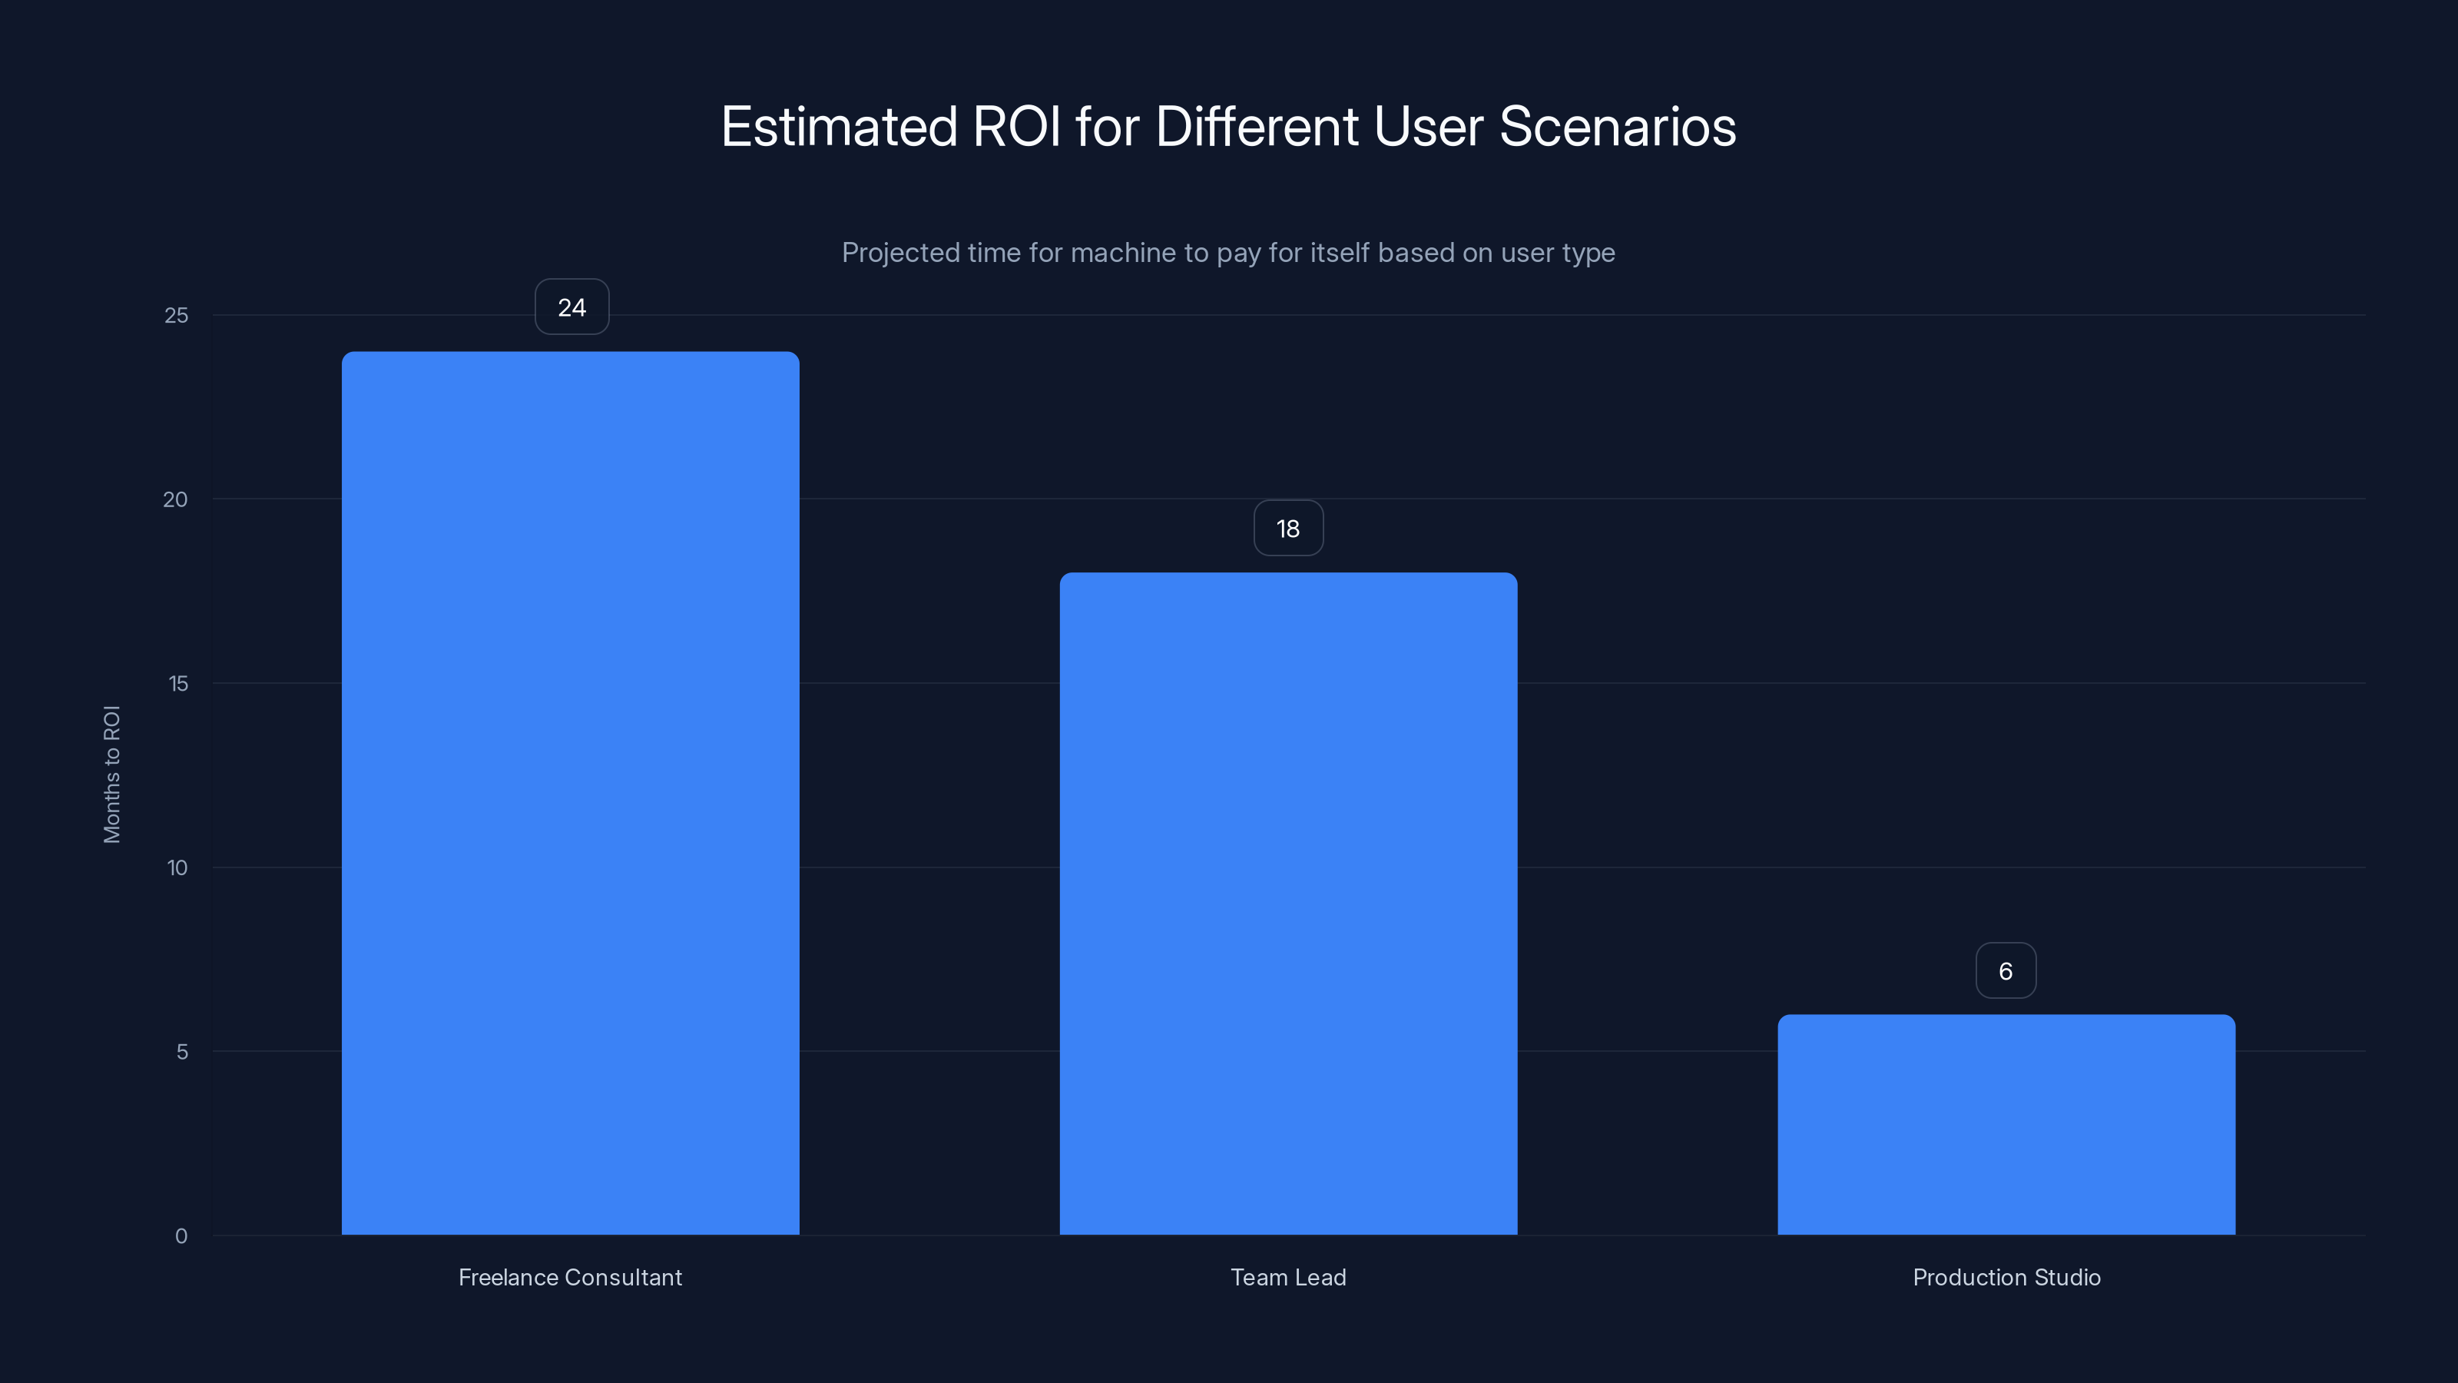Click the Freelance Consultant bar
click(571, 792)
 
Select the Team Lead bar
click(1288, 903)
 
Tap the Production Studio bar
click(2006, 1124)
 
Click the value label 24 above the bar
click(571, 307)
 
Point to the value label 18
click(1288, 529)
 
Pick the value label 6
click(2006, 970)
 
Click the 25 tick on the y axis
click(177, 316)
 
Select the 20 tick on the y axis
click(176, 500)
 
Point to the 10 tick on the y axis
click(177, 868)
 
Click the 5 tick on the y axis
click(182, 1052)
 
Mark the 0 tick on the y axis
click(181, 1236)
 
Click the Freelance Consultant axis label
click(570, 1277)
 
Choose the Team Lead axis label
click(1288, 1277)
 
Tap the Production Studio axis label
click(2006, 1277)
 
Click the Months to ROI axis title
click(111, 774)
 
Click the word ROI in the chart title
click(1016, 127)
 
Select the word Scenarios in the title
click(1618, 127)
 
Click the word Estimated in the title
click(839, 127)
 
